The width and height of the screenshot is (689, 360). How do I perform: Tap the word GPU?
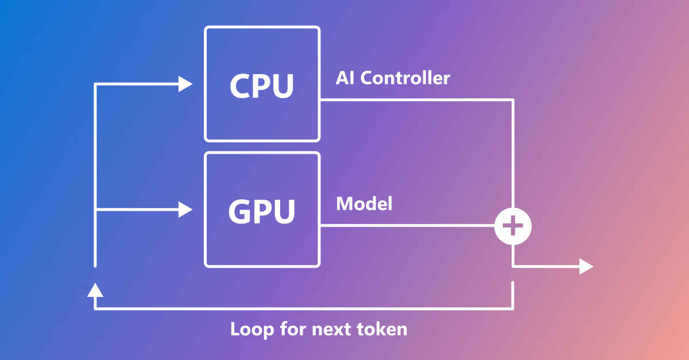[262, 211]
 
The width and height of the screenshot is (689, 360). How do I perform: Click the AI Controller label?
[393, 78]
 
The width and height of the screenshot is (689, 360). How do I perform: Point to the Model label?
[364, 204]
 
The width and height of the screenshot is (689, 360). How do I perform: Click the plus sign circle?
[513, 226]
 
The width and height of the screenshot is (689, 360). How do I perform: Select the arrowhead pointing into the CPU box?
[185, 84]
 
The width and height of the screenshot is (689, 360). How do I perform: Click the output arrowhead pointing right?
[586, 266]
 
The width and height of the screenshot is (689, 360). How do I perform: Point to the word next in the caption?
[331, 329]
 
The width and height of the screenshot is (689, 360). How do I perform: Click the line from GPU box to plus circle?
[408, 226]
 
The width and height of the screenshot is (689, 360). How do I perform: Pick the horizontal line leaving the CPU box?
[413, 100]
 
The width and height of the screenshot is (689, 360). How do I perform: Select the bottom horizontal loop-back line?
[304, 308]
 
